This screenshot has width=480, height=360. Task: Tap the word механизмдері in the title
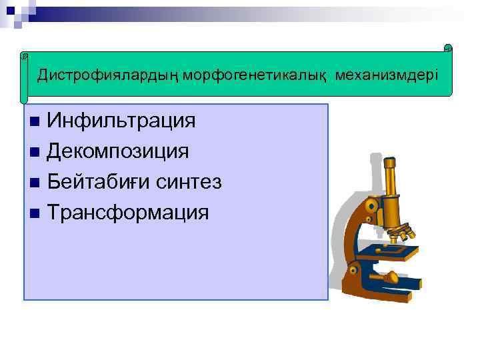click(387, 74)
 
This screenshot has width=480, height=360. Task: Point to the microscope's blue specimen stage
click(393, 251)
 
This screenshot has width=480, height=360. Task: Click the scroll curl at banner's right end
click(448, 49)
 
